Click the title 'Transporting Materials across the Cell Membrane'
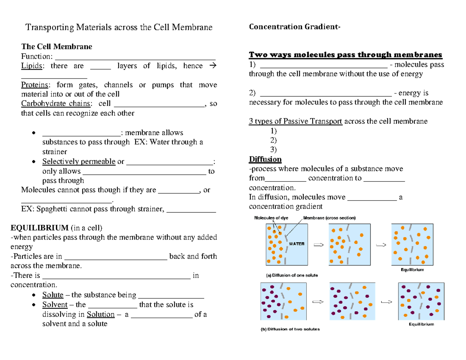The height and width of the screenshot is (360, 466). pyautogui.click(x=119, y=28)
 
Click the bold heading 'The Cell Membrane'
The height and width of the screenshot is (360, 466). pyautogui.click(x=56, y=47)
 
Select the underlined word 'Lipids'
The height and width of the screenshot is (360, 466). pyautogui.click(x=32, y=66)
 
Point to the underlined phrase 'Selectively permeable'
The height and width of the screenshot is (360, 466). pyautogui.click(x=79, y=162)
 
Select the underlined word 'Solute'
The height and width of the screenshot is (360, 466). pyautogui.click(x=53, y=295)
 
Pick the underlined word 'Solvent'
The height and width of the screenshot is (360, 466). pyautogui.click(x=55, y=305)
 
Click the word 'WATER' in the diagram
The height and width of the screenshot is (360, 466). pyautogui.click(x=297, y=244)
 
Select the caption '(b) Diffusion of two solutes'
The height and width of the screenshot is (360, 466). pyautogui.click(x=290, y=329)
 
